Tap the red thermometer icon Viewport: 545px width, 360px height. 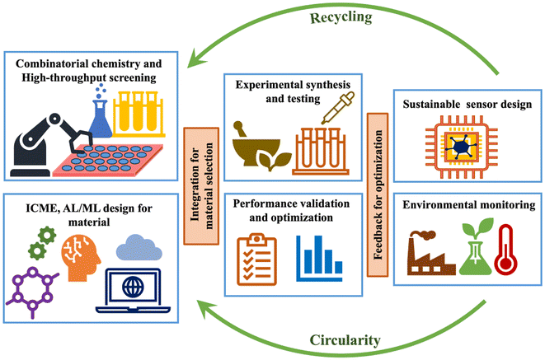tap(504, 252)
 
